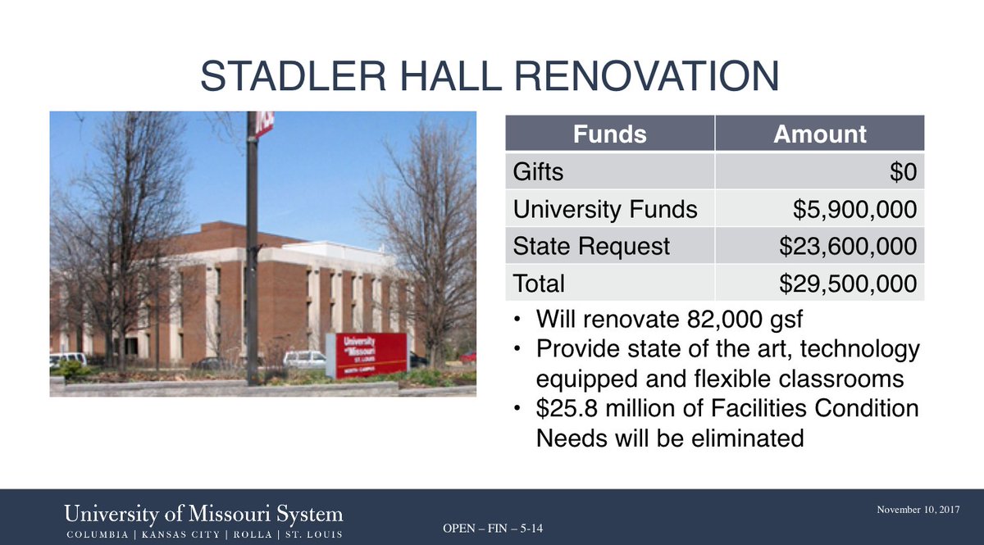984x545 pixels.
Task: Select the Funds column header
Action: tap(608, 134)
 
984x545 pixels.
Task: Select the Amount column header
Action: tap(820, 134)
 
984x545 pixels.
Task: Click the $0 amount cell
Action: tap(899, 172)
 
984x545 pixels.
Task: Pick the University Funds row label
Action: tap(605, 209)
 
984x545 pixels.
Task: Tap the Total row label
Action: tap(539, 284)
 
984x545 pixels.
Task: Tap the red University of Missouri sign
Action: tap(367, 354)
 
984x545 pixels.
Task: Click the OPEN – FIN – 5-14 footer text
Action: tap(493, 529)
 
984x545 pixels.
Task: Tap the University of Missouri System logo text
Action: tap(204, 515)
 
